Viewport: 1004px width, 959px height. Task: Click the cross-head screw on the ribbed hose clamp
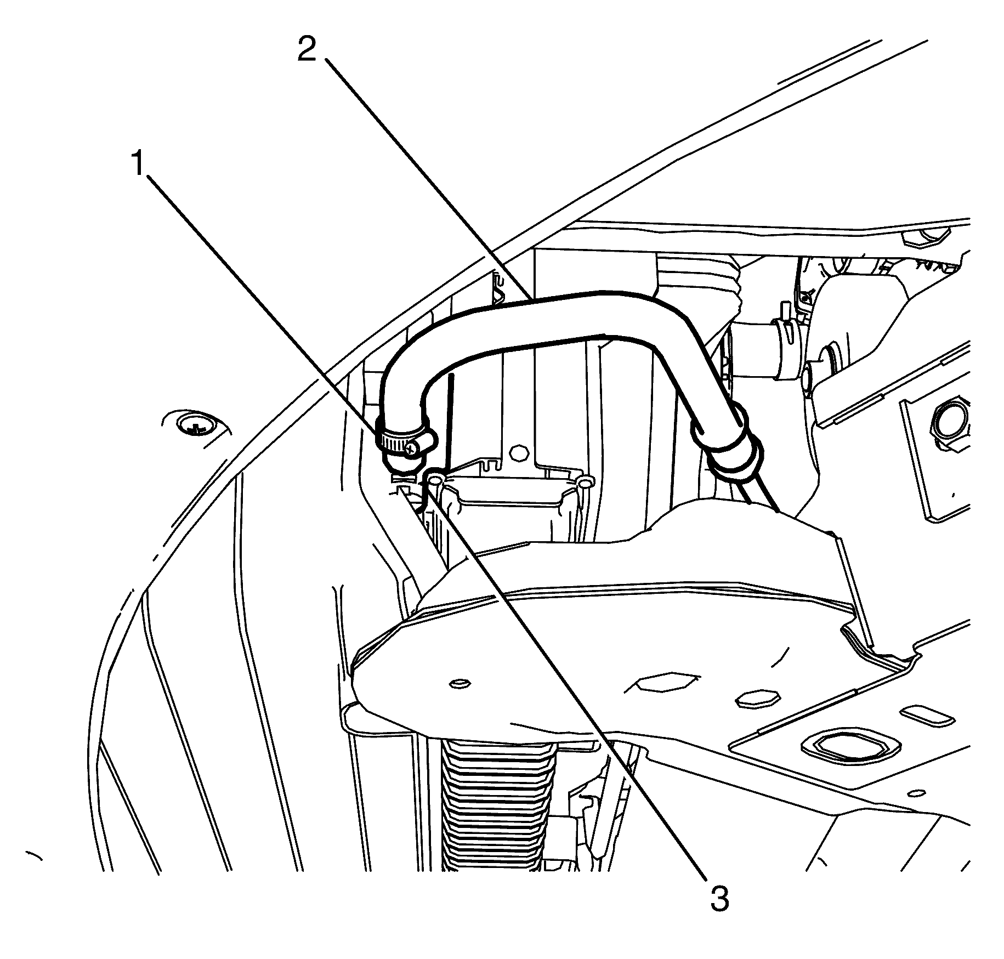click(413, 449)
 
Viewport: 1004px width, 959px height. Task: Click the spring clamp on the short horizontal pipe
click(786, 348)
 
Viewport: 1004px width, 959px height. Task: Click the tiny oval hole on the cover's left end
click(458, 684)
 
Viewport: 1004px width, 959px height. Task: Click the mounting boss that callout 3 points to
click(435, 481)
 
